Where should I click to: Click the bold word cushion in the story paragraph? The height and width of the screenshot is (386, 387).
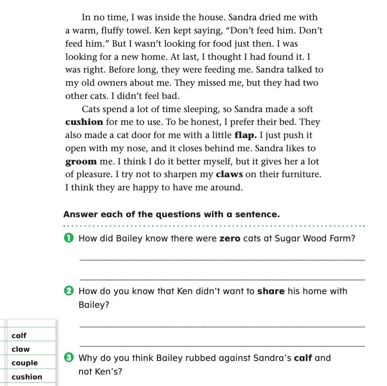[84, 122]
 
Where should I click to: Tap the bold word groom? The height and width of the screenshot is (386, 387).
[81, 161]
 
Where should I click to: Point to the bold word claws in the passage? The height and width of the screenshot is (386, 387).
[229, 175]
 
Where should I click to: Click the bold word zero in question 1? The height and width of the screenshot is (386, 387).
[230, 239]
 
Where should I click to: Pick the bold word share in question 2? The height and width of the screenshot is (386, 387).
[271, 291]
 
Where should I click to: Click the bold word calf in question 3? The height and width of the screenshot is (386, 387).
[303, 358]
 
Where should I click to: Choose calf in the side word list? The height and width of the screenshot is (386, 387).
[19, 335]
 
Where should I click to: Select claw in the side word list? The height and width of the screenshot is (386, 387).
[21, 350]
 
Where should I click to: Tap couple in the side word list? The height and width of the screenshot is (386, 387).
[25, 363]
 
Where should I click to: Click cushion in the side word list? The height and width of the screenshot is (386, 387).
[27, 377]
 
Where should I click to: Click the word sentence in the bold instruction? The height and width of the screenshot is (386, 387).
[255, 215]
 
